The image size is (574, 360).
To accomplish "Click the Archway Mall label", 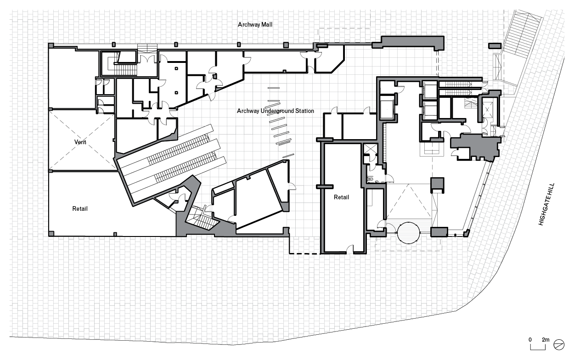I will pyautogui.click(x=255, y=24).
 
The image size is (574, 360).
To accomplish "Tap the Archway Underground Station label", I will pyautogui.click(x=276, y=111).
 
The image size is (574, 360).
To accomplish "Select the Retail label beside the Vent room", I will pyautogui.click(x=80, y=209).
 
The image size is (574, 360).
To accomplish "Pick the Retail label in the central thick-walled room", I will pyautogui.click(x=341, y=197).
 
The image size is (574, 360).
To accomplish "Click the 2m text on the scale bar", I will pyautogui.click(x=546, y=339).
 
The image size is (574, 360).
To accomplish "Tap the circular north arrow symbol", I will pyautogui.click(x=559, y=343).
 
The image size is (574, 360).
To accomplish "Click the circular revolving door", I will pyautogui.click(x=408, y=233).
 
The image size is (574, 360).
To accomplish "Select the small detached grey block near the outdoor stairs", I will pyautogui.click(x=494, y=45).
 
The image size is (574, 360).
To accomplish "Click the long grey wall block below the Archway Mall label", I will pyautogui.click(x=409, y=42).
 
